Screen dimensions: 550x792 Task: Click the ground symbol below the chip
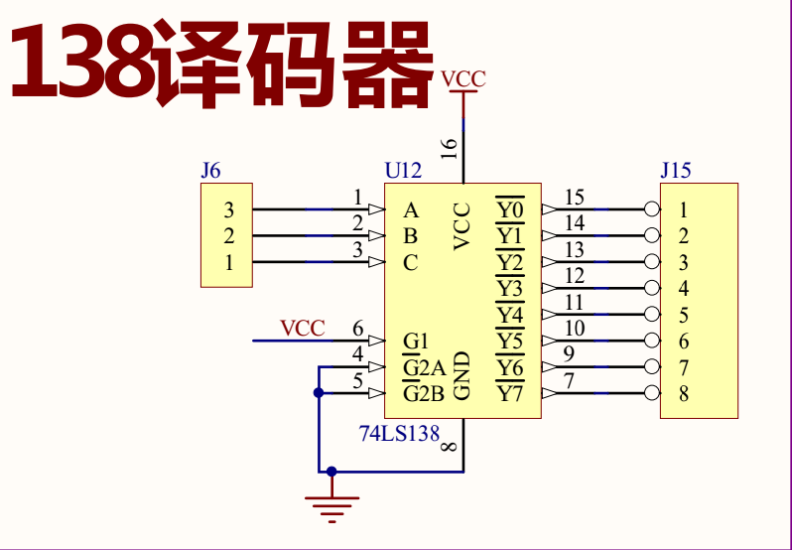tap(331, 506)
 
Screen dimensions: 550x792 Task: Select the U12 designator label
tap(403, 171)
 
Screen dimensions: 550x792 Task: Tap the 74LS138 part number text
tap(399, 434)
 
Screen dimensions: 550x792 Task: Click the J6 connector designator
tap(210, 171)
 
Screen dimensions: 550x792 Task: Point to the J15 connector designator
tap(675, 171)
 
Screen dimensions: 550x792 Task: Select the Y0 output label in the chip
tap(509, 210)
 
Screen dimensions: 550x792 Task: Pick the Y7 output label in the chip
tap(509, 394)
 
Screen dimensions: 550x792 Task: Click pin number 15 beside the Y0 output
tap(574, 198)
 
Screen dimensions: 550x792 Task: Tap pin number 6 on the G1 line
tap(358, 329)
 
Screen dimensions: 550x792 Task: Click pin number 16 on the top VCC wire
tap(450, 149)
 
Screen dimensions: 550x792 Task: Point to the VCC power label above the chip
tap(462, 78)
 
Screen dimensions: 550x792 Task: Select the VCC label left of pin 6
tap(302, 328)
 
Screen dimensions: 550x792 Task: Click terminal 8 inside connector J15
tap(684, 394)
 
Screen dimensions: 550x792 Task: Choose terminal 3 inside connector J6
tap(229, 210)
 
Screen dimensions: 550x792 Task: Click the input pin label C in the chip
tap(411, 263)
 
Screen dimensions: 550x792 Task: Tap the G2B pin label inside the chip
tap(423, 394)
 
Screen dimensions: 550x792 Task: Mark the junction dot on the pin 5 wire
tap(319, 393)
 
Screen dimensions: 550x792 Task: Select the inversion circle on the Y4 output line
tap(652, 315)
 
